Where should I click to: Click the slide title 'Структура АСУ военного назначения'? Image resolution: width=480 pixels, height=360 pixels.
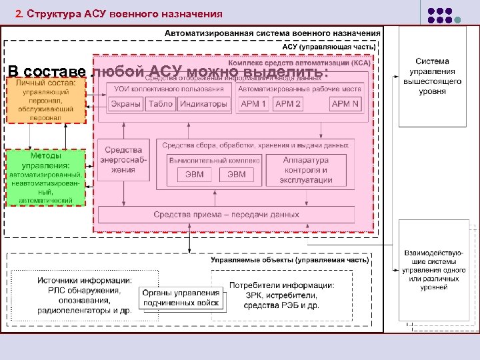point(118,13)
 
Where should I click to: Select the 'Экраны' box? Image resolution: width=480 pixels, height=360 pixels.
point(126,104)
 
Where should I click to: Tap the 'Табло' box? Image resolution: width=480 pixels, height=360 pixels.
point(161,104)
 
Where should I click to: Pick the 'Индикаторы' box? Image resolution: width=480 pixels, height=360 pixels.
point(203,104)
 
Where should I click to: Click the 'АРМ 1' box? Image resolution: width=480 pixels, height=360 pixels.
point(253,104)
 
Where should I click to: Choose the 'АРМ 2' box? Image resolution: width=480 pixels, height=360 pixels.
point(288,104)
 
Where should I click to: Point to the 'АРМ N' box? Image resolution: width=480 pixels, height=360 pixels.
point(345,104)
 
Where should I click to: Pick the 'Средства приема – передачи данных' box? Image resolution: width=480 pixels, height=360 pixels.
point(227,215)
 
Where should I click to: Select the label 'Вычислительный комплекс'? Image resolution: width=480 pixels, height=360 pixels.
point(214,161)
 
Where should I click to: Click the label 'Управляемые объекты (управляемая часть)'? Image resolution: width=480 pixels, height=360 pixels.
point(289,261)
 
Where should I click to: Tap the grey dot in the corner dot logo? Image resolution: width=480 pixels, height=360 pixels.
point(457,20)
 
